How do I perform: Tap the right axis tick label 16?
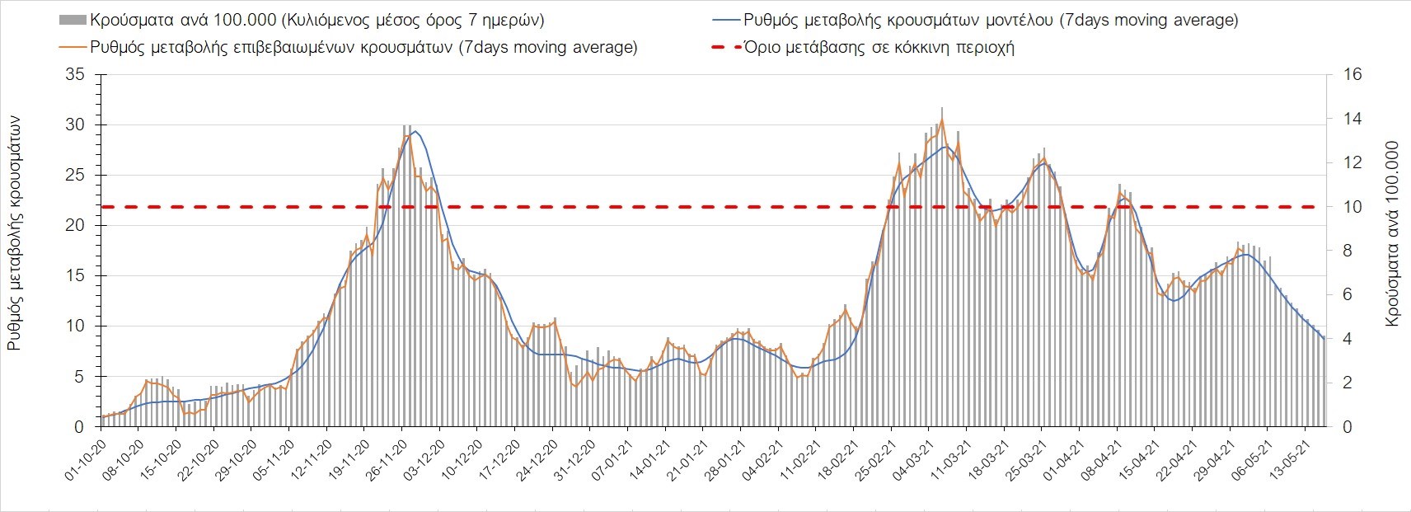(1352, 75)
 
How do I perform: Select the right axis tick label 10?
(1352, 207)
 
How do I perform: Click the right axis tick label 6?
(1348, 295)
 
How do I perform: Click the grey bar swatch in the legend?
(73, 20)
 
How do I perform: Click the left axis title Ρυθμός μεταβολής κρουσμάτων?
(15, 233)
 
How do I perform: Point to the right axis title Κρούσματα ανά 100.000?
(1393, 233)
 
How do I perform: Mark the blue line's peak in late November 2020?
(415, 131)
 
